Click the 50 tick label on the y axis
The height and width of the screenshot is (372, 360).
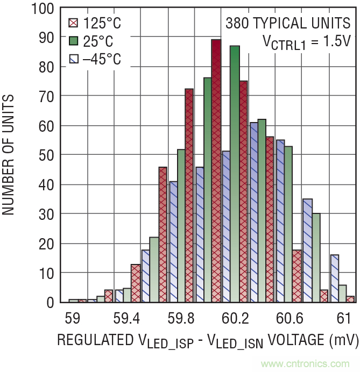click(x=45, y=155)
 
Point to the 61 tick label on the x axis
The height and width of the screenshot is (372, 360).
click(x=343, y=319)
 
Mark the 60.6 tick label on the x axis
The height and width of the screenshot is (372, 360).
click(x=290, y=319)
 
